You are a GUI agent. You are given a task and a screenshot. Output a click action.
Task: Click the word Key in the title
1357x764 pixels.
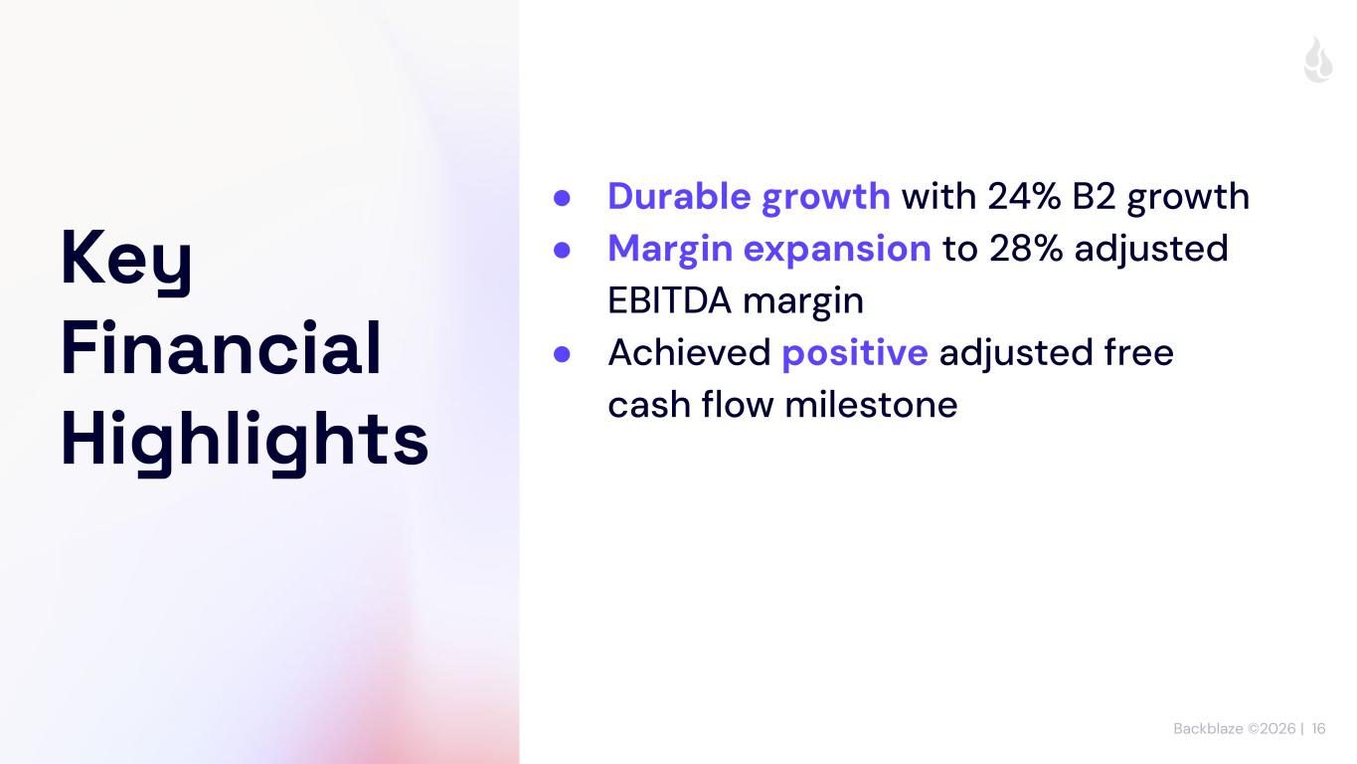(x=126, y=260)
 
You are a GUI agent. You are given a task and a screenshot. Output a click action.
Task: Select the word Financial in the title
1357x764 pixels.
(x=221, y=347)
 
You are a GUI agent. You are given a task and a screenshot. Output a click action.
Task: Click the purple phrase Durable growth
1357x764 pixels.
(x=749, y=198)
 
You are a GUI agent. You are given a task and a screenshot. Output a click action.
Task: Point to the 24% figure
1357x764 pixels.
(x=1024, y=196)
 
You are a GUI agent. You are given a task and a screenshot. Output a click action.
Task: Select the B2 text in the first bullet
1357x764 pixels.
(x=1094, y=196)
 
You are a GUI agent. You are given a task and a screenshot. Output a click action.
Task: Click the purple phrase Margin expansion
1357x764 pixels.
(x=769, y=250)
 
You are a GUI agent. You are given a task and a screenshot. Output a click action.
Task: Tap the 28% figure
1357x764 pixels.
(x=1026, y=249)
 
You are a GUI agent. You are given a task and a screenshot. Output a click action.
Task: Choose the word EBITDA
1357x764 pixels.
(x=669, y=300)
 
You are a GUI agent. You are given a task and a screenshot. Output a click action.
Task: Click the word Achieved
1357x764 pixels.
(x=689, y=352)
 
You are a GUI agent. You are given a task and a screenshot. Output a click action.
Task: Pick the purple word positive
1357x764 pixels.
(x=855, y=353)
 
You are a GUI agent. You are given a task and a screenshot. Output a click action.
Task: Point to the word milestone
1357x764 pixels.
(x=871, y=405)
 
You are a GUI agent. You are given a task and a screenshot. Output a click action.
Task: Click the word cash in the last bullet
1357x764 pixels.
(x=649, y=405)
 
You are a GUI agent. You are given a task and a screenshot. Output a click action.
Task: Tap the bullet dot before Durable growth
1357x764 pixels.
(x=562, y=198)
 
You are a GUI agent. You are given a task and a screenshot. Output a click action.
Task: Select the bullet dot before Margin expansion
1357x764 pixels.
(x=562, y=250)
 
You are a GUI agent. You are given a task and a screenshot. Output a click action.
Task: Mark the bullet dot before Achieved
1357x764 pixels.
(x=562, y=354)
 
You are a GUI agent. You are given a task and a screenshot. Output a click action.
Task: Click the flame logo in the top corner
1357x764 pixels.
(x=1318, y=60)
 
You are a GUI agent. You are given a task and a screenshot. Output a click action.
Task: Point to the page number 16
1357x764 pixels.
(x=1319, y=728)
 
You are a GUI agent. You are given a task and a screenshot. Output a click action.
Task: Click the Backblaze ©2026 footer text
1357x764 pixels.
(x=1234, y=728)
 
